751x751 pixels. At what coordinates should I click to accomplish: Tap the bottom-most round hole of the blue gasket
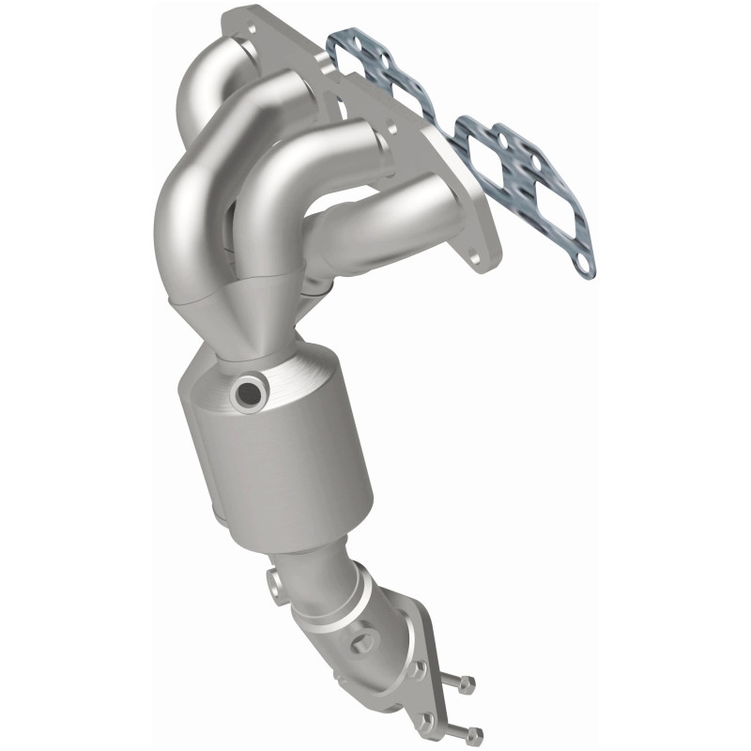583,266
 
